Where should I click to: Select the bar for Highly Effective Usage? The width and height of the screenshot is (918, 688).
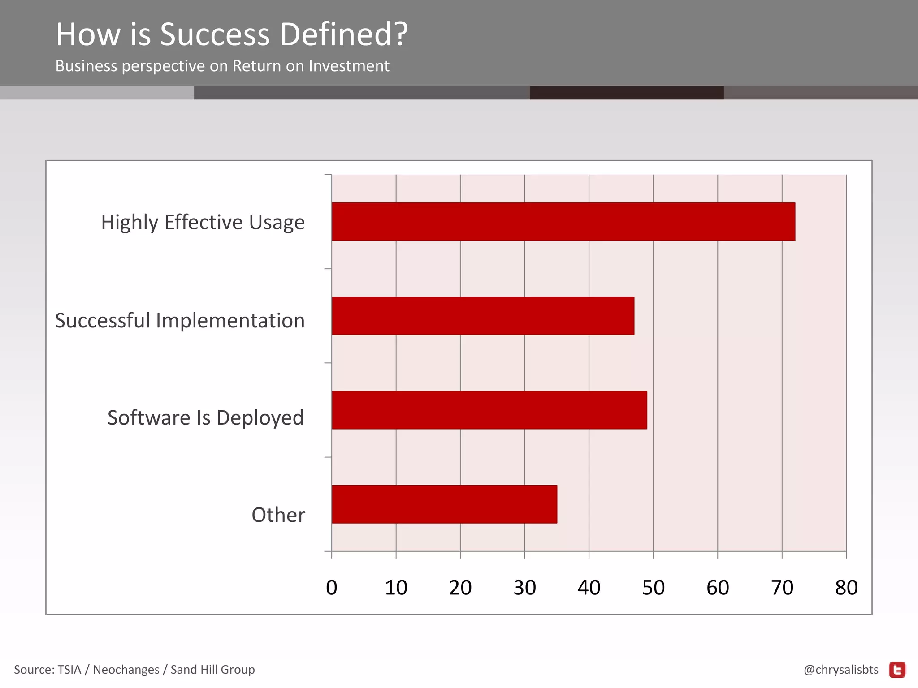click(x=563, y=222)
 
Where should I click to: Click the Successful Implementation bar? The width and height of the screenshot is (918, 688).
click(x=483, y=316)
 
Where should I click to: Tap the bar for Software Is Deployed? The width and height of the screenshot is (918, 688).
click(x=489, y=410)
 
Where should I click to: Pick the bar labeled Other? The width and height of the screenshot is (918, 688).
click(x=444, y=504)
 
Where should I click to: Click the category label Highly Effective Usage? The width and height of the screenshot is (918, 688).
click(x=203, y=223)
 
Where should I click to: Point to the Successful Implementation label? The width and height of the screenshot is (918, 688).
click(x=180, y=321)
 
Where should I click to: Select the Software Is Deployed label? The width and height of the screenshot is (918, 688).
click(x=205, y=418)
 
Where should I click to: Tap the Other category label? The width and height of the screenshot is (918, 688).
click(x=278, y=515)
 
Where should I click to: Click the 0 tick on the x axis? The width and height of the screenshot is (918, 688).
click(x=332, y=588)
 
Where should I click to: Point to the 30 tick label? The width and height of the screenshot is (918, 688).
click(x=524, y=588)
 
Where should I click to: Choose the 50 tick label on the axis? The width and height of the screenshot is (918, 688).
click(x=653, y=588)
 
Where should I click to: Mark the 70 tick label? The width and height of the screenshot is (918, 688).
click(x=782, y=588)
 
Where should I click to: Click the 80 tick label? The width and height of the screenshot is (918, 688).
click(x=846, y=588)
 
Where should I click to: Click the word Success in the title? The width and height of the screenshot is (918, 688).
click(x=215, y=34)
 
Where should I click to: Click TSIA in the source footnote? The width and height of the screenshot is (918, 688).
click(x=69, y=670)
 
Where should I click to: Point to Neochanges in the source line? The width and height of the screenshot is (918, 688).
click(x=126, y=670)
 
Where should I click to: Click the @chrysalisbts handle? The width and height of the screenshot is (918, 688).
click(x=841, y=670)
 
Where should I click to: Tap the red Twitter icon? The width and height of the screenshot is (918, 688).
click(x=897, y=670)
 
